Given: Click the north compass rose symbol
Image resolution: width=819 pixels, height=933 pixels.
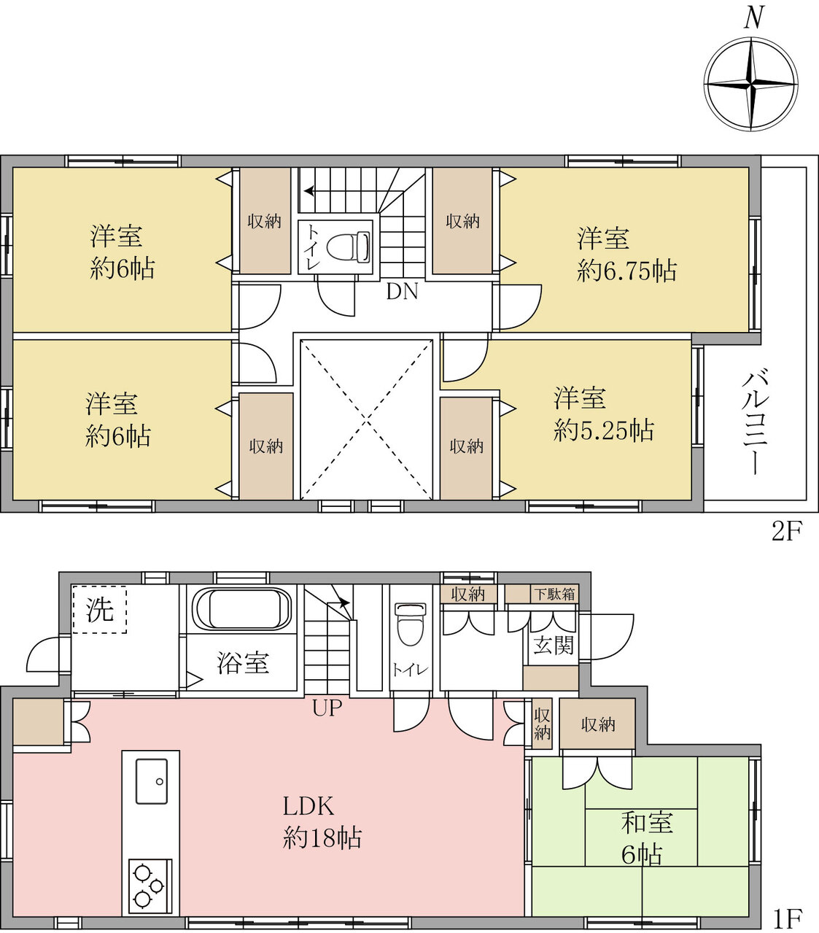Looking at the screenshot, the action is (751, 85).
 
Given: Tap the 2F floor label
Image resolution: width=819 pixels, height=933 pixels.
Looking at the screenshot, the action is (787, 532).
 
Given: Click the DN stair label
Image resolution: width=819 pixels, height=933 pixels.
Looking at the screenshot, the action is (402, 291).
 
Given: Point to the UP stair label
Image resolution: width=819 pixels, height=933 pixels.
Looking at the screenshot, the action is (327, 708).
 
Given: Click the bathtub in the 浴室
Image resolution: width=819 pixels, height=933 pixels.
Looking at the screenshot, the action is (241, 609).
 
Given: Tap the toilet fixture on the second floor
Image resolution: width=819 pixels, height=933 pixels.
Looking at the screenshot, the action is (348, 247).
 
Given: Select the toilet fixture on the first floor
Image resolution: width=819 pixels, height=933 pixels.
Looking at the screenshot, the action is (409, 624).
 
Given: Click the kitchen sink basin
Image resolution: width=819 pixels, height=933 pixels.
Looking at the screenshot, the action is (151, 781).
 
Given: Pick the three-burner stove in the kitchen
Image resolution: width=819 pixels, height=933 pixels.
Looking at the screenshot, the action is (150, 886).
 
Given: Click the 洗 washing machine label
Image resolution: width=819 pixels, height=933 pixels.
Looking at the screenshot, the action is (99, 610).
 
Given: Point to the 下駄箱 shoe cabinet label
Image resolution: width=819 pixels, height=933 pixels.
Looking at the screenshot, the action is (554, 594).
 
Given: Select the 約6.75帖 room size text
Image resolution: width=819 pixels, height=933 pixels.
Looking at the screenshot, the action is (626, 271).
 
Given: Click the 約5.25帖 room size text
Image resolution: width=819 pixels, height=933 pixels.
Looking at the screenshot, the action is (604, 431).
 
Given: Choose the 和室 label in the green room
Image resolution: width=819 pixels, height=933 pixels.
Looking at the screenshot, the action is (647, 823).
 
